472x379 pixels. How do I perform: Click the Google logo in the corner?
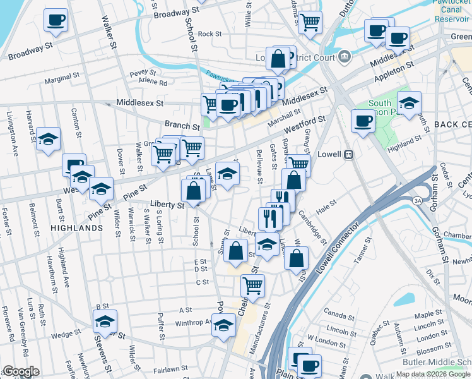[x=21, y=372]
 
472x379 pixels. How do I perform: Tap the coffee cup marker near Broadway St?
[x=56, y=20]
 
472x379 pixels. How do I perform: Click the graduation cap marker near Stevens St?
[x=105, y=321]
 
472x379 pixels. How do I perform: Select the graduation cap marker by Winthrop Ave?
[x=223, y=326]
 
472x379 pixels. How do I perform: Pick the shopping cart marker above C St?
[x=253, y=285]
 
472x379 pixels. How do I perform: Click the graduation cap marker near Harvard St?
[x=48, y=139]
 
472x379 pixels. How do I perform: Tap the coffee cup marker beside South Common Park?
[x=363, y=120]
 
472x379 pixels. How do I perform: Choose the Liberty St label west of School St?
[x=167, y=205]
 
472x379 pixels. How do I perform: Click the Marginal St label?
[x=62, y=81]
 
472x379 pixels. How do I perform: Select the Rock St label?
[x=209, y=34]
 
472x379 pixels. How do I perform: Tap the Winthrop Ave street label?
[x=193, y=322]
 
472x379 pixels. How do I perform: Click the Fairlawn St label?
[x=170, y=368]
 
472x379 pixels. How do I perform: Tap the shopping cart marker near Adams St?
[x=310, y=21]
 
